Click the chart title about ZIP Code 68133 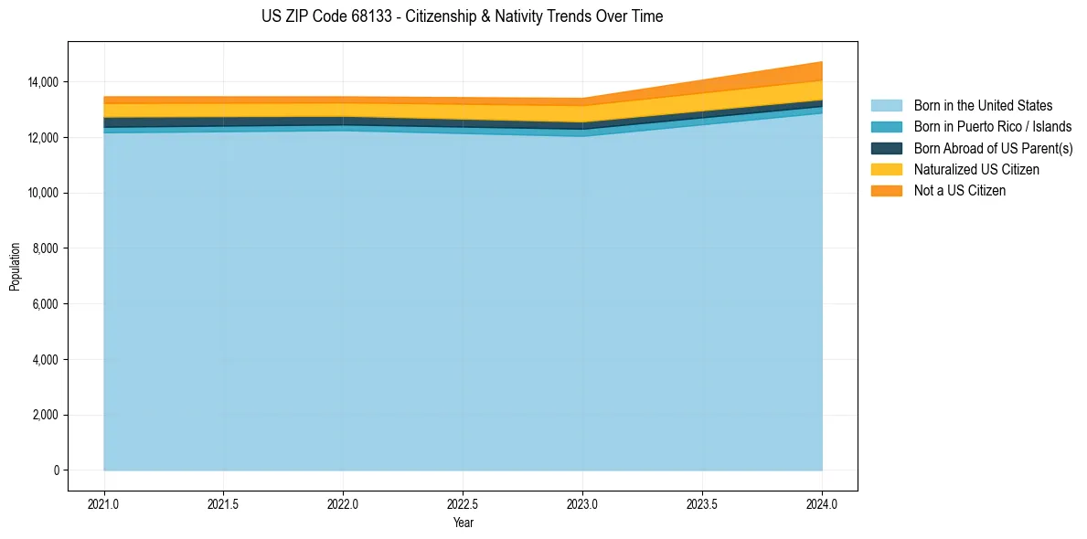click(x=462, y=16)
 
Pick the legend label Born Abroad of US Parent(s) click(x=993, y=148)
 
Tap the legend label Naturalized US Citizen click(x=976, y=170)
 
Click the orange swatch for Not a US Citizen click(x=886, y=191)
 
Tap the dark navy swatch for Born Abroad click(x=886, y=148)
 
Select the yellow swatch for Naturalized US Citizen click(x=886, y=170)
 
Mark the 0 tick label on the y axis click(x=56, y=470)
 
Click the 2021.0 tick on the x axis click(x=104, y=503)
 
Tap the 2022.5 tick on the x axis click(x=463, y=503)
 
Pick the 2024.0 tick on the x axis click(x=822, y=503)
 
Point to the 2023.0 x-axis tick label click(x=582, y=503)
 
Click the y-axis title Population click(x=15, y=267)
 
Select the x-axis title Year click(x=463, y=523)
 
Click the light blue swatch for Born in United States click(x=886, y=106)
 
